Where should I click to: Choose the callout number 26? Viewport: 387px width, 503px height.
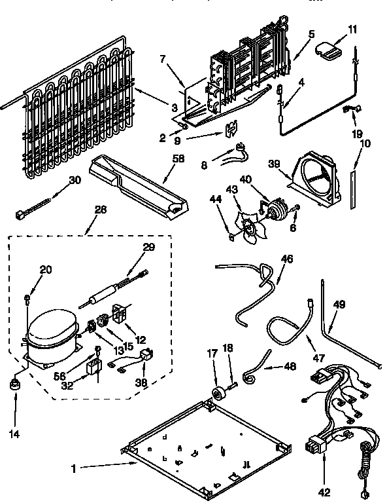coord(100,211)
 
